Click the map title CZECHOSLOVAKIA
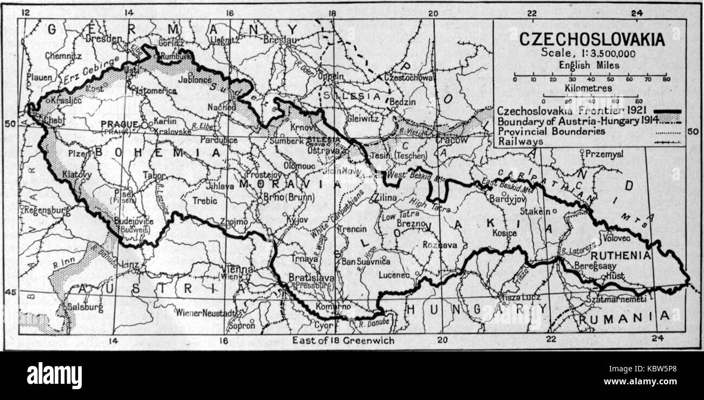[x=591, y=39]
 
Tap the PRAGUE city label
[x=119, y=124]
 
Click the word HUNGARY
[x=477, y=309]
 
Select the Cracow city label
[x=452, y=140]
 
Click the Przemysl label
[x=604, y=154]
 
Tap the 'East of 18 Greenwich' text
[x=343, y=341]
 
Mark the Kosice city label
[x=505, y=233]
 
